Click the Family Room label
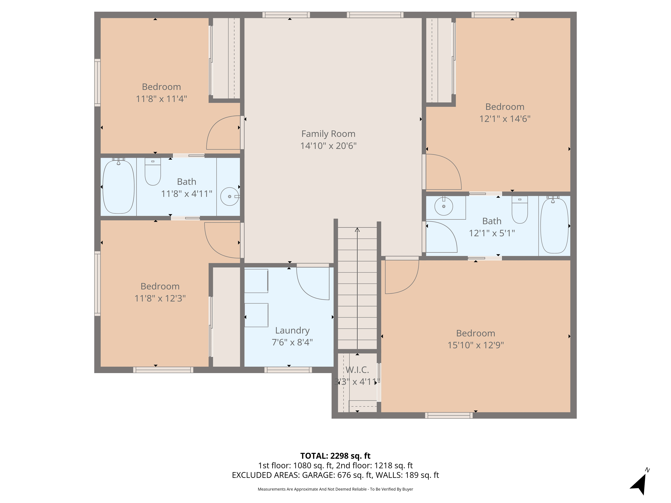coord(328,134)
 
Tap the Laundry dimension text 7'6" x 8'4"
coord(292,342)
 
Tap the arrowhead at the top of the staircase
coord(357,230)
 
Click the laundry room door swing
coord(313,284)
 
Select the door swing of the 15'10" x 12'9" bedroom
coord(400,276)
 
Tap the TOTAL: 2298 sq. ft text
coord(335,456)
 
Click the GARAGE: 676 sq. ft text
coord(337,475)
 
